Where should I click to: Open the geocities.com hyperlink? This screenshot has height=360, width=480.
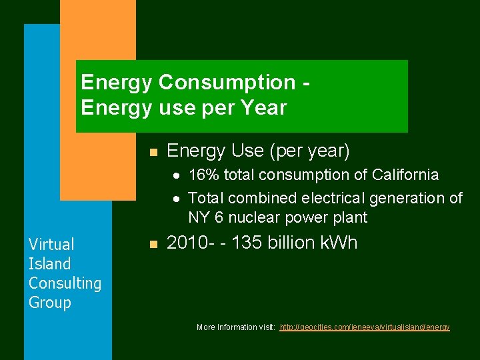tap(365, 327)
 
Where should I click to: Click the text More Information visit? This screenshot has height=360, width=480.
tap(235, 327)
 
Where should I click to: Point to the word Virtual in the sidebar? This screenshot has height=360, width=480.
tap(51, 245)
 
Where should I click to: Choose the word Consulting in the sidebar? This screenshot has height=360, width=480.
tap(65, 283)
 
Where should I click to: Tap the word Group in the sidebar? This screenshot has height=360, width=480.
tap(49, 303)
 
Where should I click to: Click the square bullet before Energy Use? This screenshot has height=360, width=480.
tap(153, 153)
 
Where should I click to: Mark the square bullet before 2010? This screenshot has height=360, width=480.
tap(153, 245)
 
